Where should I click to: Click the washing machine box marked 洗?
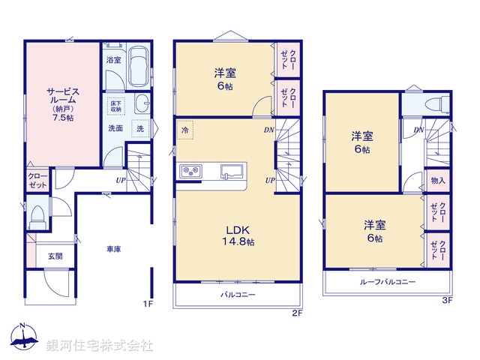tap(140, 128)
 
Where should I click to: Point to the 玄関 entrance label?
tap(55, 256)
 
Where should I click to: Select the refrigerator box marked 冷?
tap(184, 131)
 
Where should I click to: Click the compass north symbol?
tap(25, 338)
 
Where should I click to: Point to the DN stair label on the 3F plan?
tap(419, 130)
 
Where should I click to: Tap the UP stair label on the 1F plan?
tap(120, 181)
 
